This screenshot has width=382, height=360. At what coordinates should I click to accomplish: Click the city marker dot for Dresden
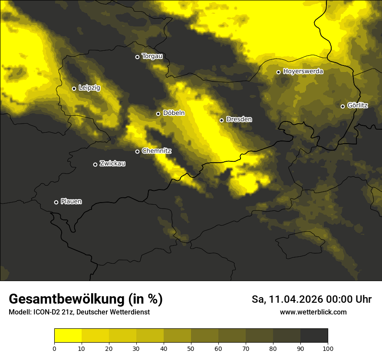(221, 120)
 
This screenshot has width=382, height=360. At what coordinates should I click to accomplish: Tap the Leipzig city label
(89, 88)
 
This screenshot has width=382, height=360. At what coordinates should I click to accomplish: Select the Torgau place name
(152, 56)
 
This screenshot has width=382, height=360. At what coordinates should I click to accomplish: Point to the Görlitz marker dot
(342, 106)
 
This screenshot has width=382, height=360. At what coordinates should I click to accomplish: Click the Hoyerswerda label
(303, 72)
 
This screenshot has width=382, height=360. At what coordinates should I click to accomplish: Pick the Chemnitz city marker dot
(138, 151)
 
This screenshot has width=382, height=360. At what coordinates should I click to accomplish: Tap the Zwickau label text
(112, 164)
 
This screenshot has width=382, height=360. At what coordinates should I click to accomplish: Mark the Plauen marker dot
(56, 202)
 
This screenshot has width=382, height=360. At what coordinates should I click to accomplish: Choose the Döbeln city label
(174, 113)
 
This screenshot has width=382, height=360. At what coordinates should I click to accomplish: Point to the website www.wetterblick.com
(313, 312)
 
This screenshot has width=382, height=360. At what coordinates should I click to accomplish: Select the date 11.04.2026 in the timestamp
(296, 299)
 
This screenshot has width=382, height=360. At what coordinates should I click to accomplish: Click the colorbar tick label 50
(191, 348)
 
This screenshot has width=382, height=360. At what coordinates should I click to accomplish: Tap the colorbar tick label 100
(328, 348)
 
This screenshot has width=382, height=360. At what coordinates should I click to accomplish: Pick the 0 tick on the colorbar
(54, 348)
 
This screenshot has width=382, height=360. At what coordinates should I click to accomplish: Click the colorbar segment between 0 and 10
(68, 336)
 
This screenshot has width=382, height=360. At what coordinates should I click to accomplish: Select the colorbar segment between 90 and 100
(314, 336)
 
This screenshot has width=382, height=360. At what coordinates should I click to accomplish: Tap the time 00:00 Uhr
(350, 299)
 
